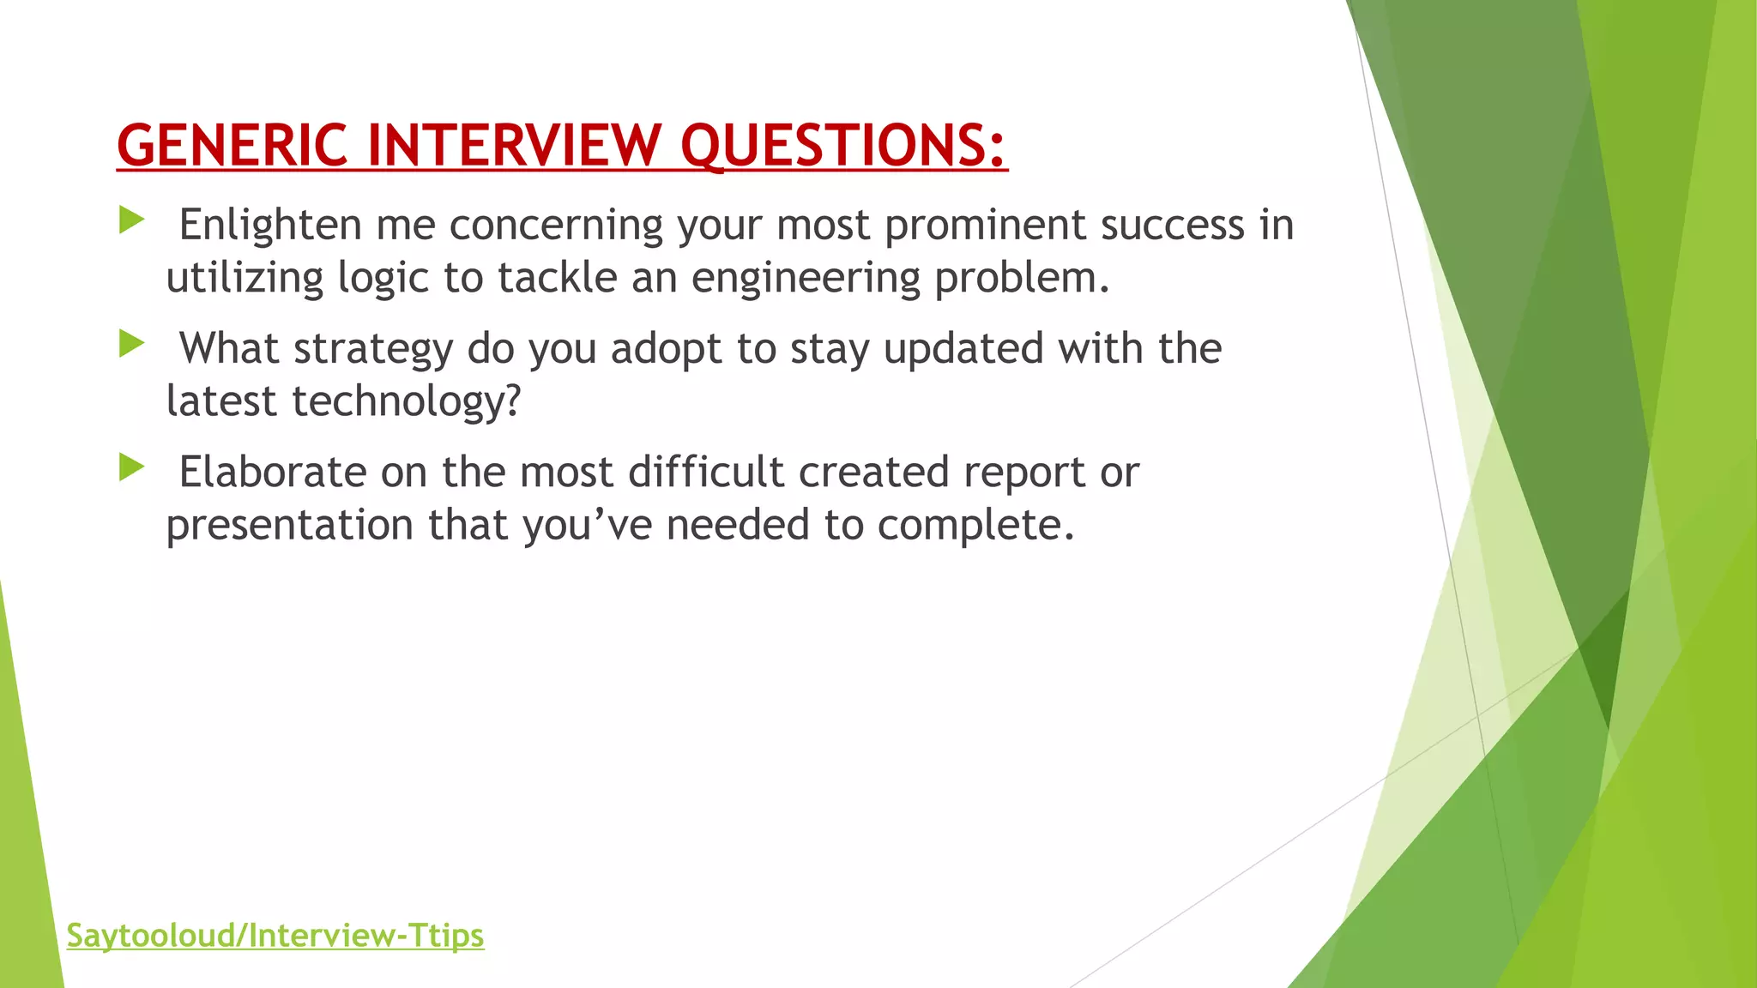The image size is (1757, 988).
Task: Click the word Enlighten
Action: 270,225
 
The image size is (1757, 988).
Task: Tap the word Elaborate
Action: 272,472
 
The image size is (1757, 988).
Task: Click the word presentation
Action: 290,526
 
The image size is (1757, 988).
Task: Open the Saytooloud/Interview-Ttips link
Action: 275,935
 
